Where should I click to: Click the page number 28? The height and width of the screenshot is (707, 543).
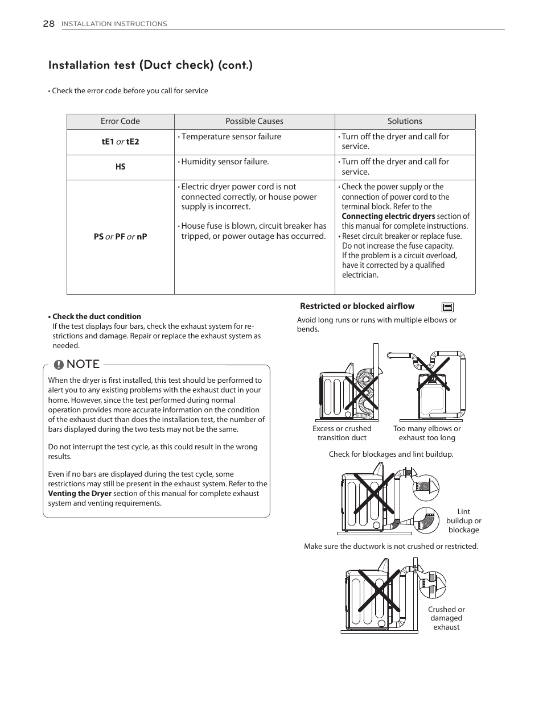(48, 23)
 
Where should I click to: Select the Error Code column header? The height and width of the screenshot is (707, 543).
(120, 121)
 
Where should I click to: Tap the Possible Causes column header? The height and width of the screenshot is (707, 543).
(254, 121)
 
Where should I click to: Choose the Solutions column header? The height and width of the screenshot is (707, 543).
(405, 121)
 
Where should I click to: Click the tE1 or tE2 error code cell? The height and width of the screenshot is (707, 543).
(120, 142)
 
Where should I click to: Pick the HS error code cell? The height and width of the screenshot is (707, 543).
(120, 167)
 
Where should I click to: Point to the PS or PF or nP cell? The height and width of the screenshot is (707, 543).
(120, 237)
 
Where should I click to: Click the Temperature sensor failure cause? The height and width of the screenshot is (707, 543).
(231, 137)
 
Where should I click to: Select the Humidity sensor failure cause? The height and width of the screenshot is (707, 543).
(224, 162)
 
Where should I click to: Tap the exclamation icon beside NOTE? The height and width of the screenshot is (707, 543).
(59, 365)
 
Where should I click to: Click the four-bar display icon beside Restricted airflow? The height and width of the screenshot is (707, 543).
(447, 307)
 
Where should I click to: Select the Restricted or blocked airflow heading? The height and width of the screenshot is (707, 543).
(357, 306)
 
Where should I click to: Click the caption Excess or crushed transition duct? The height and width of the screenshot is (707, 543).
(342, 433)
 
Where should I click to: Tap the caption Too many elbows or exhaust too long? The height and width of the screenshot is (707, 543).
(427, 433)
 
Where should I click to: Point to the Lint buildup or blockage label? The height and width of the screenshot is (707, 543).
(463, 520)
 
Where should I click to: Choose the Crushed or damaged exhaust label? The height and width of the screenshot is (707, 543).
(446, 618)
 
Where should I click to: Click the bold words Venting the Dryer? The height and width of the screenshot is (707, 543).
(80, 493)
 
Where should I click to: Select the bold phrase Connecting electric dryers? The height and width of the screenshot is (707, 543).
(388, 216)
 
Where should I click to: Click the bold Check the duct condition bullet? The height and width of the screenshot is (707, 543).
(96, 316)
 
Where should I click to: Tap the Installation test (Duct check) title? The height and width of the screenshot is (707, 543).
(150, 65)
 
